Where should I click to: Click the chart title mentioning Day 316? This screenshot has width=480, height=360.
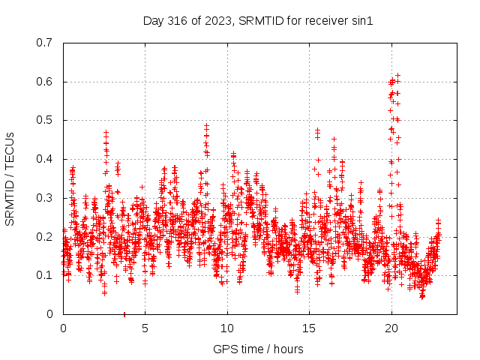coord(258,21)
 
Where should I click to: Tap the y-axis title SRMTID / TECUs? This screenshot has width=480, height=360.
coord(10,178)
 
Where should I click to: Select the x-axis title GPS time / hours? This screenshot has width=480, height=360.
coord(258,349)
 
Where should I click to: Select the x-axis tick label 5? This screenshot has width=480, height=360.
coord(145,328)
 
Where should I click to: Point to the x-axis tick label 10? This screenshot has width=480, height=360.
coord(227,328)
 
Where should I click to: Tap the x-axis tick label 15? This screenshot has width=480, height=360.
coord(309,328)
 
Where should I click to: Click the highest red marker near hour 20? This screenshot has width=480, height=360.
coord(397,75)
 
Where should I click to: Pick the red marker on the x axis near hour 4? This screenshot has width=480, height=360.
coord(124,313)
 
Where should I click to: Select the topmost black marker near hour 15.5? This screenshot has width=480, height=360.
coord(317,130)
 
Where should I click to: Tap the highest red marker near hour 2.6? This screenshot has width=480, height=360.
coord(106,133)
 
